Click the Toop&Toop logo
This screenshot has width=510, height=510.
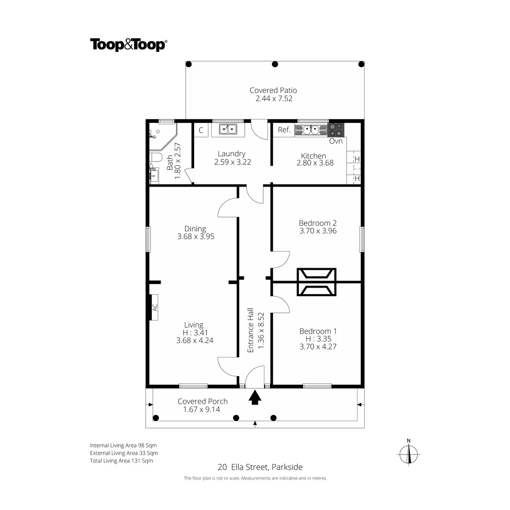click(x=128, y=45)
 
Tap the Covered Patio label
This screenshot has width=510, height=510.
click(x=273, y=90)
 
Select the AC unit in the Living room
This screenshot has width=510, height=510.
click(x=155, y=307)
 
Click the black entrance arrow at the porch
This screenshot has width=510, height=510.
click(x=255, y=398)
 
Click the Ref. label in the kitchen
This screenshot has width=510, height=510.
click(x=284, y=130)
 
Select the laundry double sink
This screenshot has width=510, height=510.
click(x=229, y=129)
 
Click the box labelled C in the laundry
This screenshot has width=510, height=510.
click(x=201, y=130)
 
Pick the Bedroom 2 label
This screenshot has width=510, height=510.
click(x=317, y=223)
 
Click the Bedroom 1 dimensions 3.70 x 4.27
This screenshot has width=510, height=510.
click(x=318, y=346)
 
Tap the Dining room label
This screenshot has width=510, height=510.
click(x=195, y=229)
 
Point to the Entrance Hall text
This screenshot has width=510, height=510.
click(x=250, y=330)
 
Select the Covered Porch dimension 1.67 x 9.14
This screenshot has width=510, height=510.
click(x=202, y=409)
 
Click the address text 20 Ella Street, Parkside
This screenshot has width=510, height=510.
click(x=260, y=467)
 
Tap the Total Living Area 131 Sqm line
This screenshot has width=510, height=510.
click(x=122, y=461)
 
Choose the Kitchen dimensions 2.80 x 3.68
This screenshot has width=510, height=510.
click(x=315, y=163)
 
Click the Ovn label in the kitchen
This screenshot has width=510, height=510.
click(x=336, y=141)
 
